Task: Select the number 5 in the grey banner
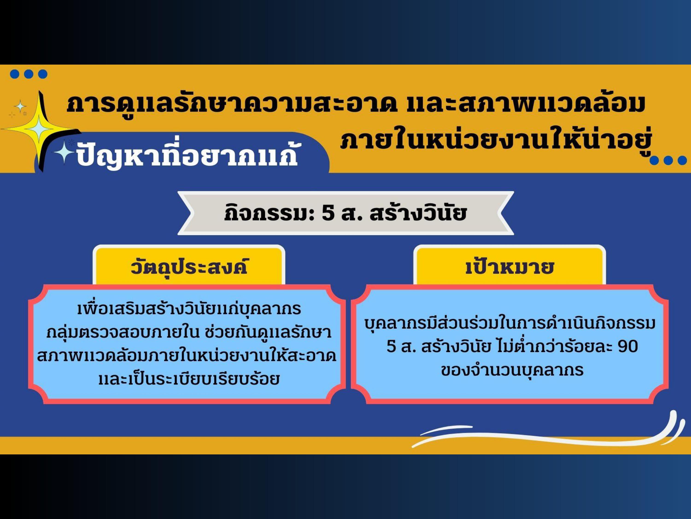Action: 328,214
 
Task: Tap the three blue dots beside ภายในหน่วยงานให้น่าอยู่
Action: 668,161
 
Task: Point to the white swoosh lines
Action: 544,431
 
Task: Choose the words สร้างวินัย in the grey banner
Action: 419,213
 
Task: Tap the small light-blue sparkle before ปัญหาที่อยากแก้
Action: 64,152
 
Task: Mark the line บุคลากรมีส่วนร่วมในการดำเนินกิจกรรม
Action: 510,324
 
